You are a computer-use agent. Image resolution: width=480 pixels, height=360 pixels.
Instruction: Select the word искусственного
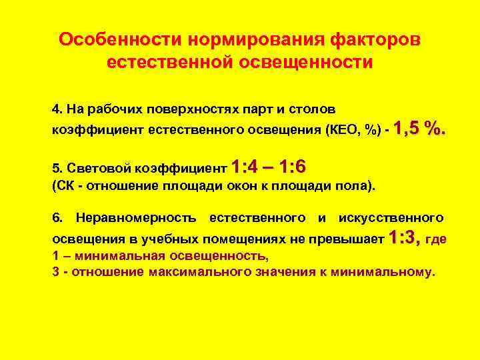click(x=391, y=217)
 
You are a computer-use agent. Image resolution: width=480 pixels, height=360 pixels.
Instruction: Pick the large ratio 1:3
click(x=403, y=237)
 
